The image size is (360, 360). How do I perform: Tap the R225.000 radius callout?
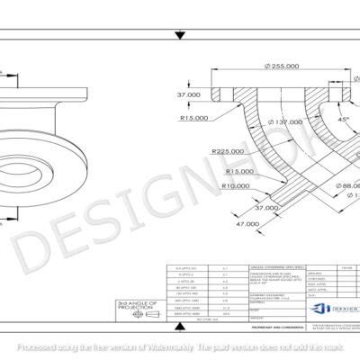226,152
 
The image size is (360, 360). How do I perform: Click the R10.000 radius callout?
238,185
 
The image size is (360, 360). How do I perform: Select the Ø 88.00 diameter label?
340,186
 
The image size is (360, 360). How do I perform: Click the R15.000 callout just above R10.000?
238,171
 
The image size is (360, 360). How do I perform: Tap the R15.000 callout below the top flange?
194,117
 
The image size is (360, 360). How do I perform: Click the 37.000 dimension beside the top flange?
188,94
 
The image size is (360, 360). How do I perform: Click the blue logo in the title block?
317,309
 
